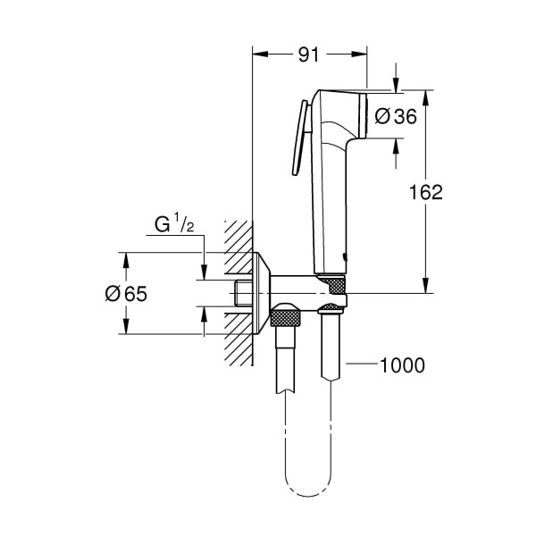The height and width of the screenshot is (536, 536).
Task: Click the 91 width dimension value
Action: pyautogui.click(x=308, y=54)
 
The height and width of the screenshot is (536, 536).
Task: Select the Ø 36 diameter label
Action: pyautogui.click(x=394, y=116)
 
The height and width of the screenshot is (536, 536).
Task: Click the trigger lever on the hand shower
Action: pyautogui.click(x=301, y=138)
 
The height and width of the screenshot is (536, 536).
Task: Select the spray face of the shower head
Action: pyautogui.click(x=366, y=116)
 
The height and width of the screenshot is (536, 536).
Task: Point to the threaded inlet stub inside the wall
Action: pyautogui.click(x=241, y=293)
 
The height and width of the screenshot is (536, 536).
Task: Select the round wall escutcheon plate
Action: pyautogui.click(x=262, y=293)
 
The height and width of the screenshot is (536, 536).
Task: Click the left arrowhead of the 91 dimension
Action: pyautogui.click(x=260, y=54)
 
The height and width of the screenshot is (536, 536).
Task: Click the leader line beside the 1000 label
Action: pyautogui.click(x=362, y=364)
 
